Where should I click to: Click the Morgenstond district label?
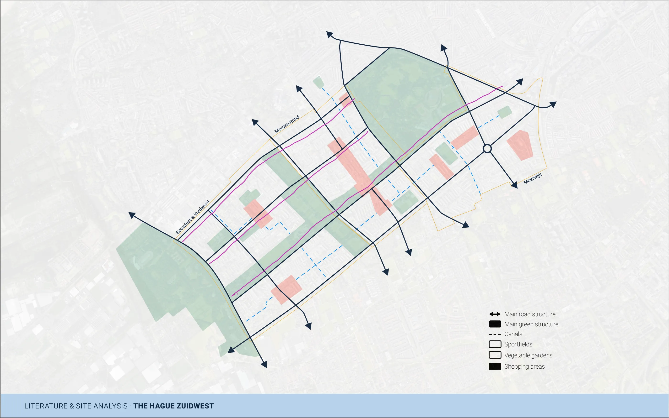tap(287, 124)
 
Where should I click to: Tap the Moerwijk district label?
tap(533, 179)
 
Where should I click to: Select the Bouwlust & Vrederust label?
tap(193, 217)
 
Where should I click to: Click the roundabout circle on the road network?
tap(487, 149)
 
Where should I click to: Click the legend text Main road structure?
tap(530, 314)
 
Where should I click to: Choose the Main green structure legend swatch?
tap(495, 324)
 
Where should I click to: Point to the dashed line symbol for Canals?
tap(495, 334)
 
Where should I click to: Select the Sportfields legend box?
tap(495, 344)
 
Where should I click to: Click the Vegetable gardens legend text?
tap(528, 355)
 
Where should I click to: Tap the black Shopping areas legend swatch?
tap(495, 366)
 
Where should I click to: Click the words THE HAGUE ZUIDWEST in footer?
tap(173, 406)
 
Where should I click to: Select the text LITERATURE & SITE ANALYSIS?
tap(76, 406)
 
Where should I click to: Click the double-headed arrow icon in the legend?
tap(495, 314)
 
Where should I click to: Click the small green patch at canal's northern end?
tap(318, 82)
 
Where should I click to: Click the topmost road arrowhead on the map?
tap(329, 35)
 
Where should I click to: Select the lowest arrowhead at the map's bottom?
tap(264, 364)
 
